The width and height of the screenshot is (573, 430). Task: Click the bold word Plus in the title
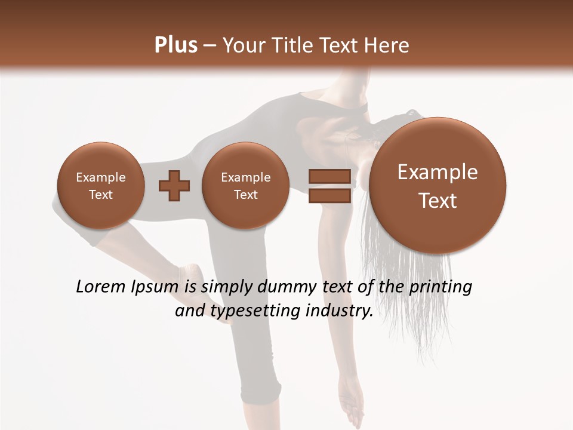(175, 45)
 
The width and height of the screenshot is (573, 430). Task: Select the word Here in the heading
(388, 45)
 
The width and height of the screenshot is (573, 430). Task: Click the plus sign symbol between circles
(174, 185)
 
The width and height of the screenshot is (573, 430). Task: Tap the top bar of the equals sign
(329, 176)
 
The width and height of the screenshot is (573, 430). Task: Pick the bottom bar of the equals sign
(329, 195)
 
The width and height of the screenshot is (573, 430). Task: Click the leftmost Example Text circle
(101, 185)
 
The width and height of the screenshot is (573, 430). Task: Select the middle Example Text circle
(245, 185)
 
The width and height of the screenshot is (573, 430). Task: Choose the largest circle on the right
(438, 186)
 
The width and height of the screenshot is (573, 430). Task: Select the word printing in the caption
(440, 287)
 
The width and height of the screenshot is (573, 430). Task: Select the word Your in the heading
(244, 45)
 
